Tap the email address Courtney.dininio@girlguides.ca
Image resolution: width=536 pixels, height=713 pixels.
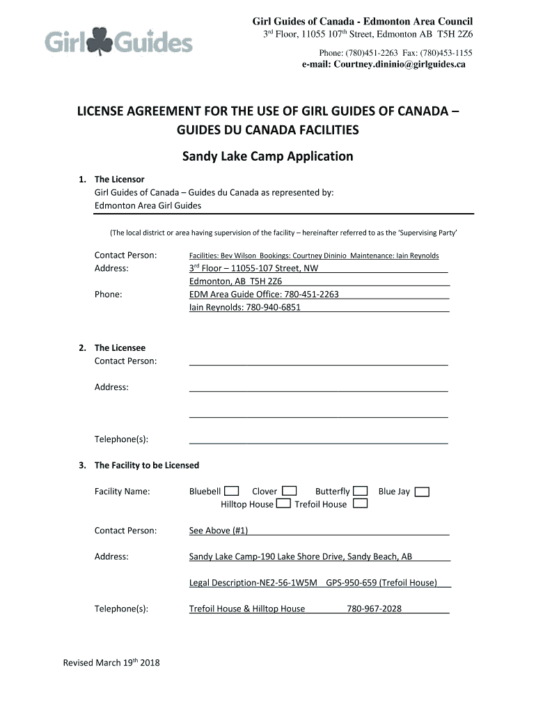click(384, 64)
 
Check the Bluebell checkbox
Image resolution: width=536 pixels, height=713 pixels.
click(232, 492)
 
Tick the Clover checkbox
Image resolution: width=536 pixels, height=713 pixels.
click(290, 492)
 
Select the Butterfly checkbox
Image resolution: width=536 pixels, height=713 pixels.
click(361, 492)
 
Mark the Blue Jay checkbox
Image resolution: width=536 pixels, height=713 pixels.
click(422, 492)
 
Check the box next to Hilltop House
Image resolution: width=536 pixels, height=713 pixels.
click(283, 504)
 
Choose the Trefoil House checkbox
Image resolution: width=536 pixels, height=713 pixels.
click(360, 504)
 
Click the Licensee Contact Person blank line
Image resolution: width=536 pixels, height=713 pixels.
click(318, 361)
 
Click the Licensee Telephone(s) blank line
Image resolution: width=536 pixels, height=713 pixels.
click(318, 439)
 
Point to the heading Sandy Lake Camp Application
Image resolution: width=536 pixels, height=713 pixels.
click(267, 156)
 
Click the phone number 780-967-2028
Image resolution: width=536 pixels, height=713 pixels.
click(374, 609)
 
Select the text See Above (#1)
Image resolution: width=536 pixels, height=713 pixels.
click(219, 531)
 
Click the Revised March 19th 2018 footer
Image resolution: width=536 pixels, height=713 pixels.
click(111, 662)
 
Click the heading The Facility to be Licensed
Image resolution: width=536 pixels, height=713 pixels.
click(146, 465)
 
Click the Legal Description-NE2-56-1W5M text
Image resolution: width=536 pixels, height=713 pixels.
click(253, 583)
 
